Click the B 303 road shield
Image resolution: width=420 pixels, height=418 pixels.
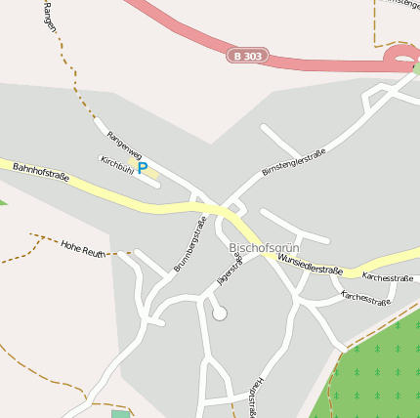(248, 56)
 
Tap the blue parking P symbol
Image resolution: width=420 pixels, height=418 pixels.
(142, 168)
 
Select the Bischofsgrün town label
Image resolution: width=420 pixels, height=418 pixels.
(262, 249)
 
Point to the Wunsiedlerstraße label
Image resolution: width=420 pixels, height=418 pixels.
(310, 264)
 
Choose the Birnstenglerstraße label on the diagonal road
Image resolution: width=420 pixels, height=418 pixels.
(293, 163)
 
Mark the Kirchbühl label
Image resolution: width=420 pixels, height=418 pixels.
(116, 164)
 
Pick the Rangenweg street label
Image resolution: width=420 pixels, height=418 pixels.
(124, 146)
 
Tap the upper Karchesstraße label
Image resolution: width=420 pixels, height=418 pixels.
(387, 277)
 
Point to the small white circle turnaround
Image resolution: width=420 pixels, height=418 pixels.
(220, 313)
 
